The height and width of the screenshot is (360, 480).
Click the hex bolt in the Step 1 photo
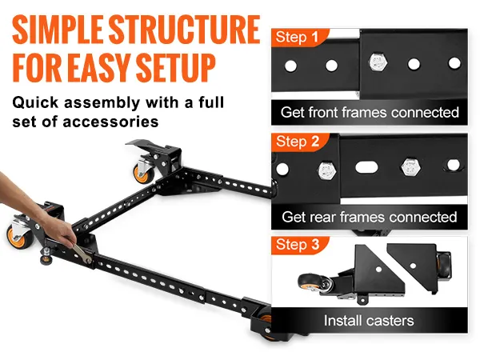378,62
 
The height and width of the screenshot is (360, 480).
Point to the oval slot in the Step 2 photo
366,167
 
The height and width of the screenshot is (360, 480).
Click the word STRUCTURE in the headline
185,30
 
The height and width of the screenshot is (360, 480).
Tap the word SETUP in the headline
176,68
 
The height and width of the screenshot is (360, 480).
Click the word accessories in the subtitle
110,122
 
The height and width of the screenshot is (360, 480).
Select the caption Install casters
369,321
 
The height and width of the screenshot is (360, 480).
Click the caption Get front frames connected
370,112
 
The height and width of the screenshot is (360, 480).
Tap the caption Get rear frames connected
370,217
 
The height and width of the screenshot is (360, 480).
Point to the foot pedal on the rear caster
142,144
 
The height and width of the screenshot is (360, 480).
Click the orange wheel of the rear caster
141,174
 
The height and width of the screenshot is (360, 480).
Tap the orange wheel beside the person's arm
15,237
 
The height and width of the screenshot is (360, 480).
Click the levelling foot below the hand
46,257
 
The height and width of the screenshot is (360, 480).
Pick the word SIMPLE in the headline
58,30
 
